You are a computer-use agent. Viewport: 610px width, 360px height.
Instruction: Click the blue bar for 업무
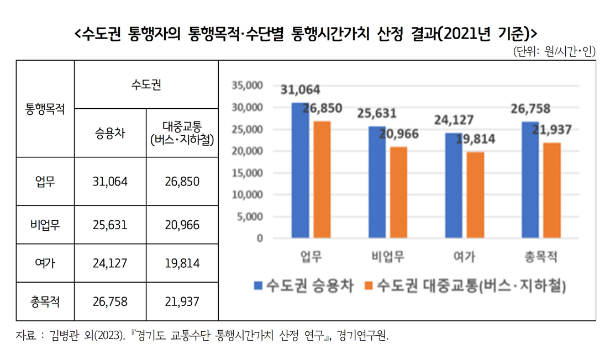tap(300, 171)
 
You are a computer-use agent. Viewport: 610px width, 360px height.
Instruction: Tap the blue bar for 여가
tap(454, 186)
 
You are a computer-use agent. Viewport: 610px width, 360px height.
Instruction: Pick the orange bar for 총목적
tap(551, 190)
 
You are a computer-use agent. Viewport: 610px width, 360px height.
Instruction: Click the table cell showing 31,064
tap(110, 182)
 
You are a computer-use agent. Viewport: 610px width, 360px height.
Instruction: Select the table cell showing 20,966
tap(182, 225)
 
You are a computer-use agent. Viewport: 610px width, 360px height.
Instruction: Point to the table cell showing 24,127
tap(110, 263)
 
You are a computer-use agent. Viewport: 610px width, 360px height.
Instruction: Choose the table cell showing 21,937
tap(182, 301)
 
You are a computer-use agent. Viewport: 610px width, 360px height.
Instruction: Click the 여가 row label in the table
tap(45, 263)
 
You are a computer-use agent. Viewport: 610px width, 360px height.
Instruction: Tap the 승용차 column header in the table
tap(110, 134)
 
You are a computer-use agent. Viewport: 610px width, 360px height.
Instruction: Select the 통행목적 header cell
tap(45, 109)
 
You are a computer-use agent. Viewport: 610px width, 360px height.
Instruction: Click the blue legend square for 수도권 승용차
tap(257, 285)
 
